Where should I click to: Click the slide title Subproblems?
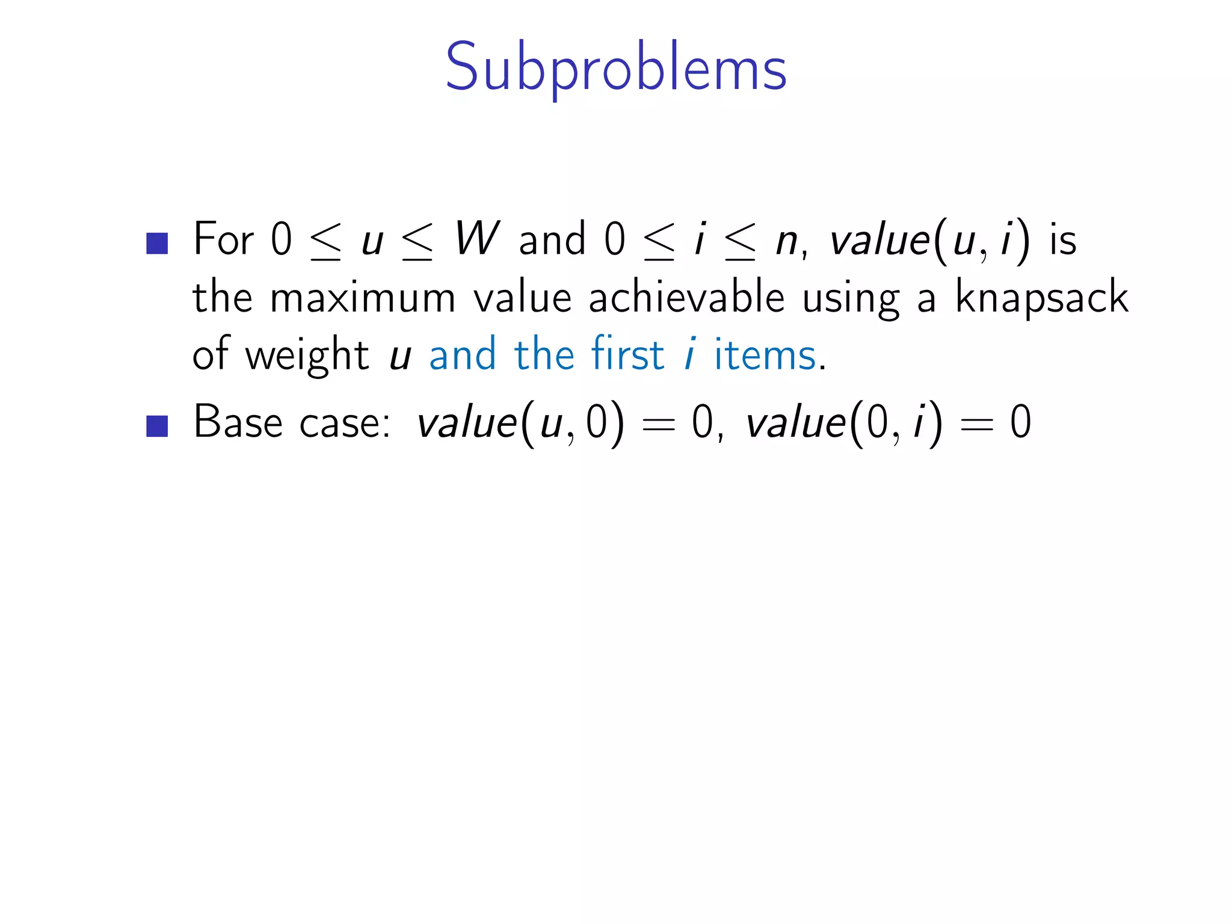click(x=615, y=67)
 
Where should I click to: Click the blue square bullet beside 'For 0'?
click(x=157, y=244)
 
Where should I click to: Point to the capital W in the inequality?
click(x=476, y=239)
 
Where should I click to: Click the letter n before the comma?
click(x=786, y=243)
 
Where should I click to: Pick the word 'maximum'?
click(x=363, y=298)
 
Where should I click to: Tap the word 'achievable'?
click(x=687, y=297)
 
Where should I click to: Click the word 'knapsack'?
click(x=1042, y=297)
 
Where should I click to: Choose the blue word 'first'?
click(x=627, y=354)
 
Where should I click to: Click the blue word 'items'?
click(x=765, y=356)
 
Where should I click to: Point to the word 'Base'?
click(x=238, y=422)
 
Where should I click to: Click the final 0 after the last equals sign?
click(x=1021, y=422)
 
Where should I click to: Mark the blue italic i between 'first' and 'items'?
click(x=690, y=355)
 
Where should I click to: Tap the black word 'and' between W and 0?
click(x=552, y=239)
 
